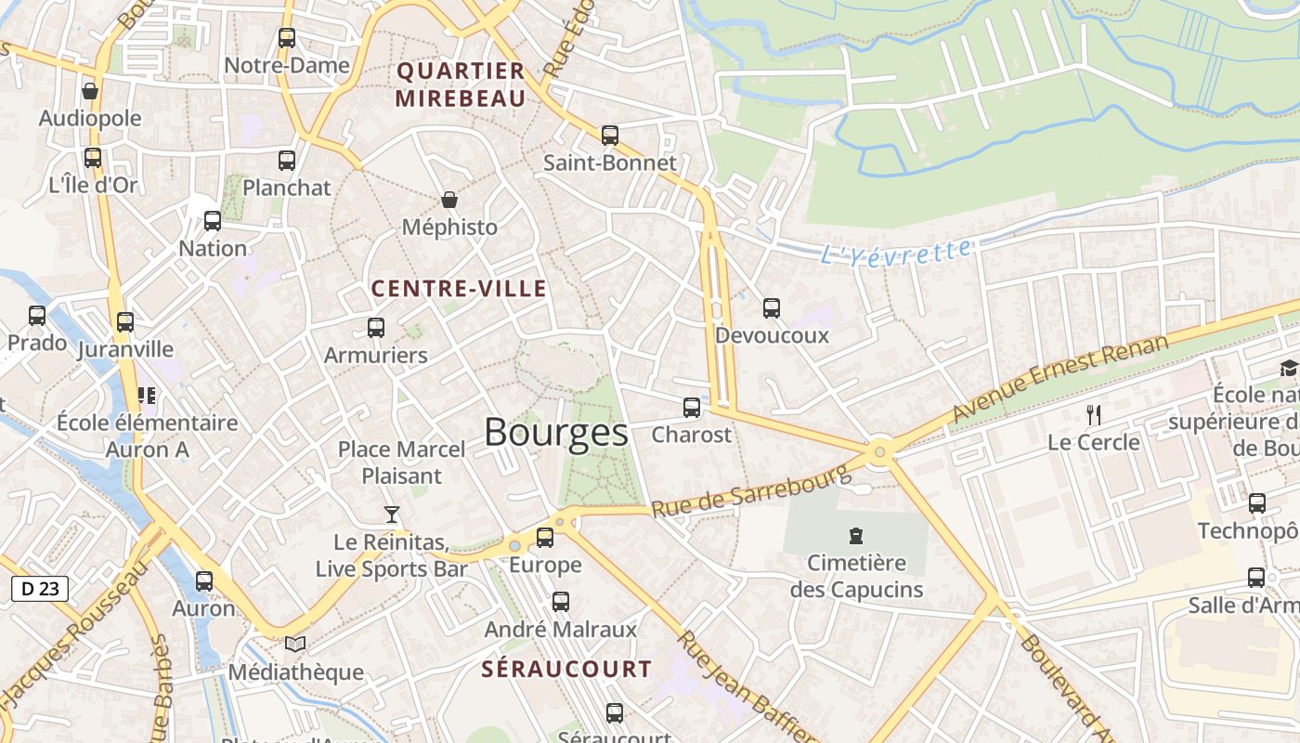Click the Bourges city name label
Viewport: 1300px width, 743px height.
[555, 433]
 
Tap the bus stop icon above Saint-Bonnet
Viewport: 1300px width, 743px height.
[610, 136]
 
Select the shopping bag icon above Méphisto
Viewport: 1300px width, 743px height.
[449, 200]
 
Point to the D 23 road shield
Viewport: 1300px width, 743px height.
[40, 588]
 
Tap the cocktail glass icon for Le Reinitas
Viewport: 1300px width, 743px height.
[392, 515]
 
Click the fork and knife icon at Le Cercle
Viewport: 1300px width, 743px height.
[1094, 415]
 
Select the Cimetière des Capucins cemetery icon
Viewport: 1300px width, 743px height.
[855, 536]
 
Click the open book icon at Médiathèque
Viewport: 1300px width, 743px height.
[295, 644]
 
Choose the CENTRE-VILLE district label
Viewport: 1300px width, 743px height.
[459, 289]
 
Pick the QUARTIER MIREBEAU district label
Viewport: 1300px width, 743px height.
[461, 85]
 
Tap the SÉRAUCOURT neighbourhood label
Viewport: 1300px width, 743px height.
[566, 669]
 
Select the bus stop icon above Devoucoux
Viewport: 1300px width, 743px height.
[772, 308]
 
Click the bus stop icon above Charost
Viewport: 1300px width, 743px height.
[692, 408]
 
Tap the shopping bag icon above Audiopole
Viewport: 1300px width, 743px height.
[90, 91]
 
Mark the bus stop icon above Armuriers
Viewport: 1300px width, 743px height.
[376, 328]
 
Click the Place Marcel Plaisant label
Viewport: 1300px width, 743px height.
[401, 463]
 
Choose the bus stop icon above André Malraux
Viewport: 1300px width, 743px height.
[561, 602]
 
